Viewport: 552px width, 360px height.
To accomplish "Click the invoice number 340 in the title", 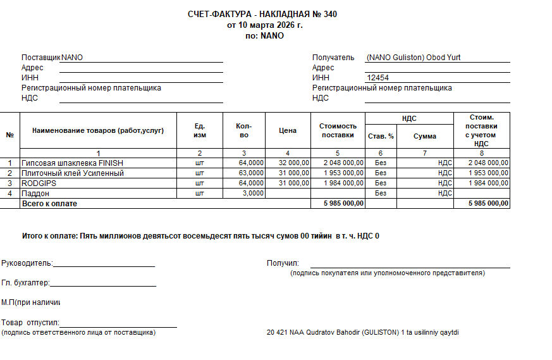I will [330, 15].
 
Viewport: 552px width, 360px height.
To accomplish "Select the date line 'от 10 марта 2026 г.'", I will [264, 25].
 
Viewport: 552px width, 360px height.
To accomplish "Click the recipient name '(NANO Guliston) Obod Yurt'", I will [414, 58].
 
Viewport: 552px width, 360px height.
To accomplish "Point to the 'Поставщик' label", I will [40, 58].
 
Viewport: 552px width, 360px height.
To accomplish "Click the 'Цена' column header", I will [288, 131].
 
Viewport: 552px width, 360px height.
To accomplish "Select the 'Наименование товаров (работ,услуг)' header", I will [98, 131].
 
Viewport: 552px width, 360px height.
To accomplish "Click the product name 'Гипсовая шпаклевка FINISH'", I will [72, 163].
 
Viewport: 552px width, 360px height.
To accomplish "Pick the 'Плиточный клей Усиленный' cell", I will [72, 173].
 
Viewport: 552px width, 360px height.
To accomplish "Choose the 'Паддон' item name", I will [35, 194].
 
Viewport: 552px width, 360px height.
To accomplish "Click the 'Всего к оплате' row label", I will [49, 204].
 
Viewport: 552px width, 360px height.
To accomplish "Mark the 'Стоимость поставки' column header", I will [338, 131].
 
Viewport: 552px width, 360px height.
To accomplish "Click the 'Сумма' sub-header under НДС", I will [425, 137].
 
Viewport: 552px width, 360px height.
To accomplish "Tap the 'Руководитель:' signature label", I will [27, 263].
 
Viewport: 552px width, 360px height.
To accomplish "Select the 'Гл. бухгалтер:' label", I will [26, 283].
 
